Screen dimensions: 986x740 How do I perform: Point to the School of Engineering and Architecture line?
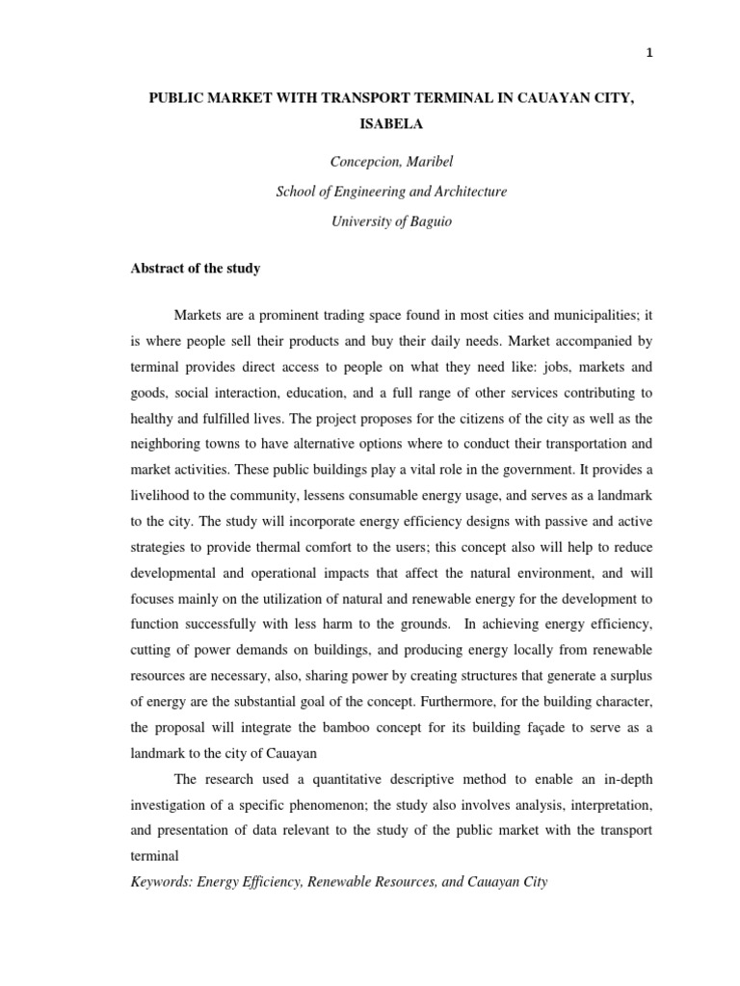point(390,192)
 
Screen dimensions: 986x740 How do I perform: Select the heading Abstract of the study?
point(196,269)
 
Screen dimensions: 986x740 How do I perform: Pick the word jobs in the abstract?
point(521,367)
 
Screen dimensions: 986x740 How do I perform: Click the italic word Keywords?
point(163,880)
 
